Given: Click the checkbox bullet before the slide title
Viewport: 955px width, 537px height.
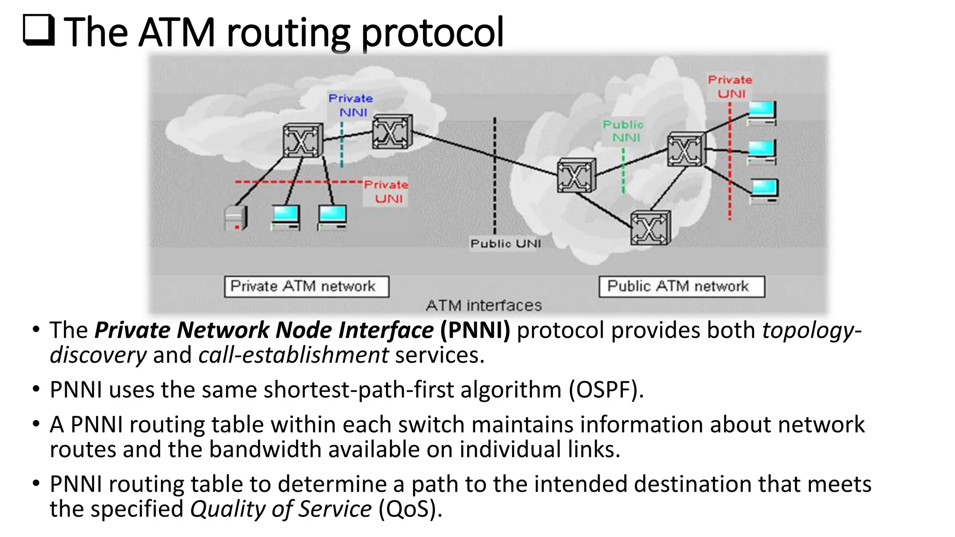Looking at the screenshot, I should coord(38,30).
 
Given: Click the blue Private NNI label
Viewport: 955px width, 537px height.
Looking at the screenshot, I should coord(351,105).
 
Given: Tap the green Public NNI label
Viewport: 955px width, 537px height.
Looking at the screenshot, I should coord(623,131).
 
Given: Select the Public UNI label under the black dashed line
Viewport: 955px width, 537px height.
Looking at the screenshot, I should coord(505,244).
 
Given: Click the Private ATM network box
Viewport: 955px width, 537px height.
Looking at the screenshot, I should coord(306,286).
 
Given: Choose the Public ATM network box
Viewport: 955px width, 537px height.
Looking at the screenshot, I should coord(681,286).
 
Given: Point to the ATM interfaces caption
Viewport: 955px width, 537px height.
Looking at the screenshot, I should coord(484,305).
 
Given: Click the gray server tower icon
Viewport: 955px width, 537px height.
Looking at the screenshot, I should coord(236,218).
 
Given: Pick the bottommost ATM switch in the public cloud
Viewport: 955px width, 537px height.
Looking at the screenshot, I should coord(650,228).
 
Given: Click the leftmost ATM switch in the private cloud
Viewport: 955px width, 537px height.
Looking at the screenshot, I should coord(303,140).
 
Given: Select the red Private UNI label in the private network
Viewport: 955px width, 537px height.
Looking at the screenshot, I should coord(387,192).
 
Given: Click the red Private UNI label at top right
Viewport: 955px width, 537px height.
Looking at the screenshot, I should coord(730,87).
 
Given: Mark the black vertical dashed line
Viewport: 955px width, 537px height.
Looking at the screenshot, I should coord(495,177).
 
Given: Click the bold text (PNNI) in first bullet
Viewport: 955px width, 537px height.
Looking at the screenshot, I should coord(475,330).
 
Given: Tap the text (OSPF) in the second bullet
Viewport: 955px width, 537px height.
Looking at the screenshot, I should coord(606,390).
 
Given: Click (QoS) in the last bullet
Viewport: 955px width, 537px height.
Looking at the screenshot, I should coord(410,509).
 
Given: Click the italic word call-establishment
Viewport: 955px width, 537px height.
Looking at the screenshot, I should coord(293,355).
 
